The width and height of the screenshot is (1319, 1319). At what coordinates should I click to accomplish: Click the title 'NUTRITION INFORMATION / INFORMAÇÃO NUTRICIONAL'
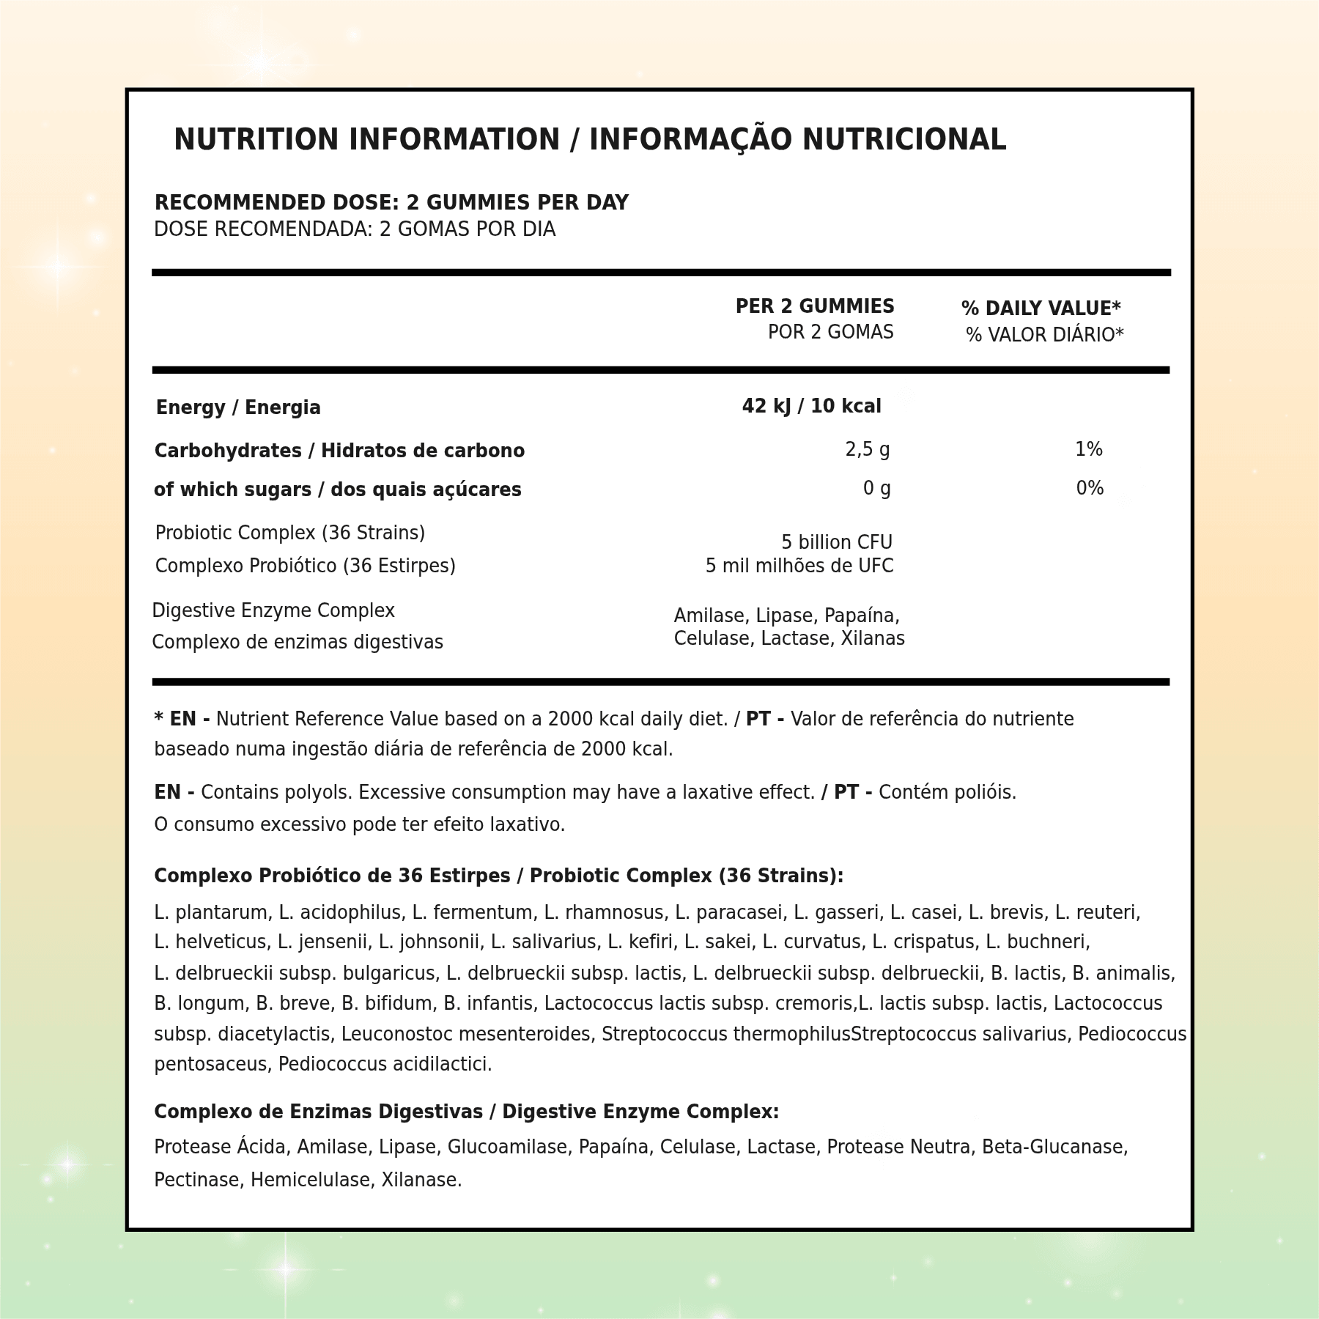590,140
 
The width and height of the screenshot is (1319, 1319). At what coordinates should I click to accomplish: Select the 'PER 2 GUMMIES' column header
814,306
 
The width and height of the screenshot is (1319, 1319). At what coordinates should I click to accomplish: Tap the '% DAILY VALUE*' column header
1041,308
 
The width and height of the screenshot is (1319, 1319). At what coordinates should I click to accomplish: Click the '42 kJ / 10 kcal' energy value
811,406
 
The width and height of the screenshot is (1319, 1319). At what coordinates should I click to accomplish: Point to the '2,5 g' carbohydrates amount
868,449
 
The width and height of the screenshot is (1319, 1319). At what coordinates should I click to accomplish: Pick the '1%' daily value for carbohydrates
1088,449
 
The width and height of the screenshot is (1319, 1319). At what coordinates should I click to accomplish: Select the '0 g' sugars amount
876,488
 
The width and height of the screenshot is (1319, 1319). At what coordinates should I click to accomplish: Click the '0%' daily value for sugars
1090,488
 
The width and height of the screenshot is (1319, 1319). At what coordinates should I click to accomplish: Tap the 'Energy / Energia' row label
238,407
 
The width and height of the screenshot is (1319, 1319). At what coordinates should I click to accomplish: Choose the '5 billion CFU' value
836,542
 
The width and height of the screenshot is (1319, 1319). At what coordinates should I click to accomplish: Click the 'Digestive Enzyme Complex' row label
273,610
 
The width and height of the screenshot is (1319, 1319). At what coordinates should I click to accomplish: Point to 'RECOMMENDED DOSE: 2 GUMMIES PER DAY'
391,203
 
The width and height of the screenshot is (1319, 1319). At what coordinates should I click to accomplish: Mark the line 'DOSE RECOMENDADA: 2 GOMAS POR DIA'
355,229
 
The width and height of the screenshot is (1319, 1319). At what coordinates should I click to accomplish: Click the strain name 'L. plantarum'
213,912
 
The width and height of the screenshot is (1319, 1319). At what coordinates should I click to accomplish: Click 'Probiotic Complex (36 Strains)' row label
290,533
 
